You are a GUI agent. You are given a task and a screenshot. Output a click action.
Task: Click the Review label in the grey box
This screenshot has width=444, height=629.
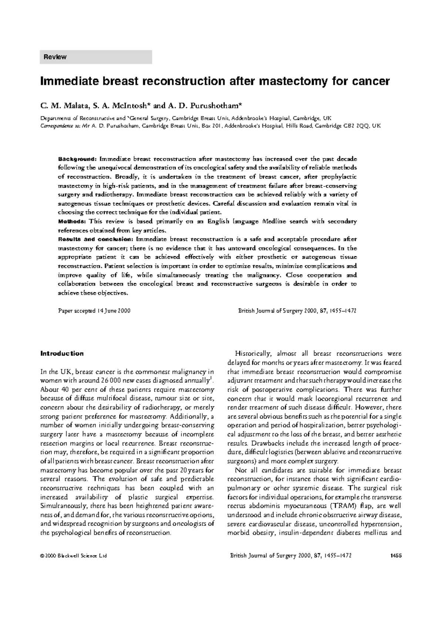[55, 57]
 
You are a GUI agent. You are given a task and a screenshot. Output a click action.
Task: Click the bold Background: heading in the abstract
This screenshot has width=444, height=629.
[78, 159]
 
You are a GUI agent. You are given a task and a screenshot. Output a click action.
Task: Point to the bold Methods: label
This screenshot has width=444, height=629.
[73, 222]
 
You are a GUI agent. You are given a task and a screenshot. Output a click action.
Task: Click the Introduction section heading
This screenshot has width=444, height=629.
[62, 353]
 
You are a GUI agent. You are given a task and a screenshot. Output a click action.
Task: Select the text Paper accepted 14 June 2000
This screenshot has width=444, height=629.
[94, 311]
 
